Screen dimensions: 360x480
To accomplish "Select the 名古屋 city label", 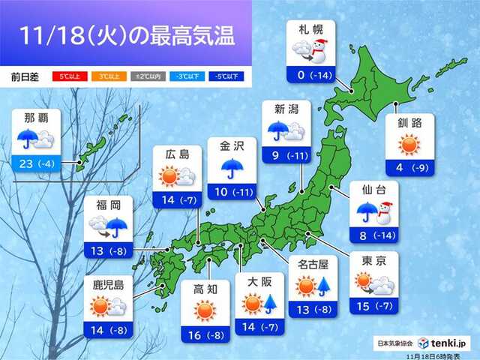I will (315, 264).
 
